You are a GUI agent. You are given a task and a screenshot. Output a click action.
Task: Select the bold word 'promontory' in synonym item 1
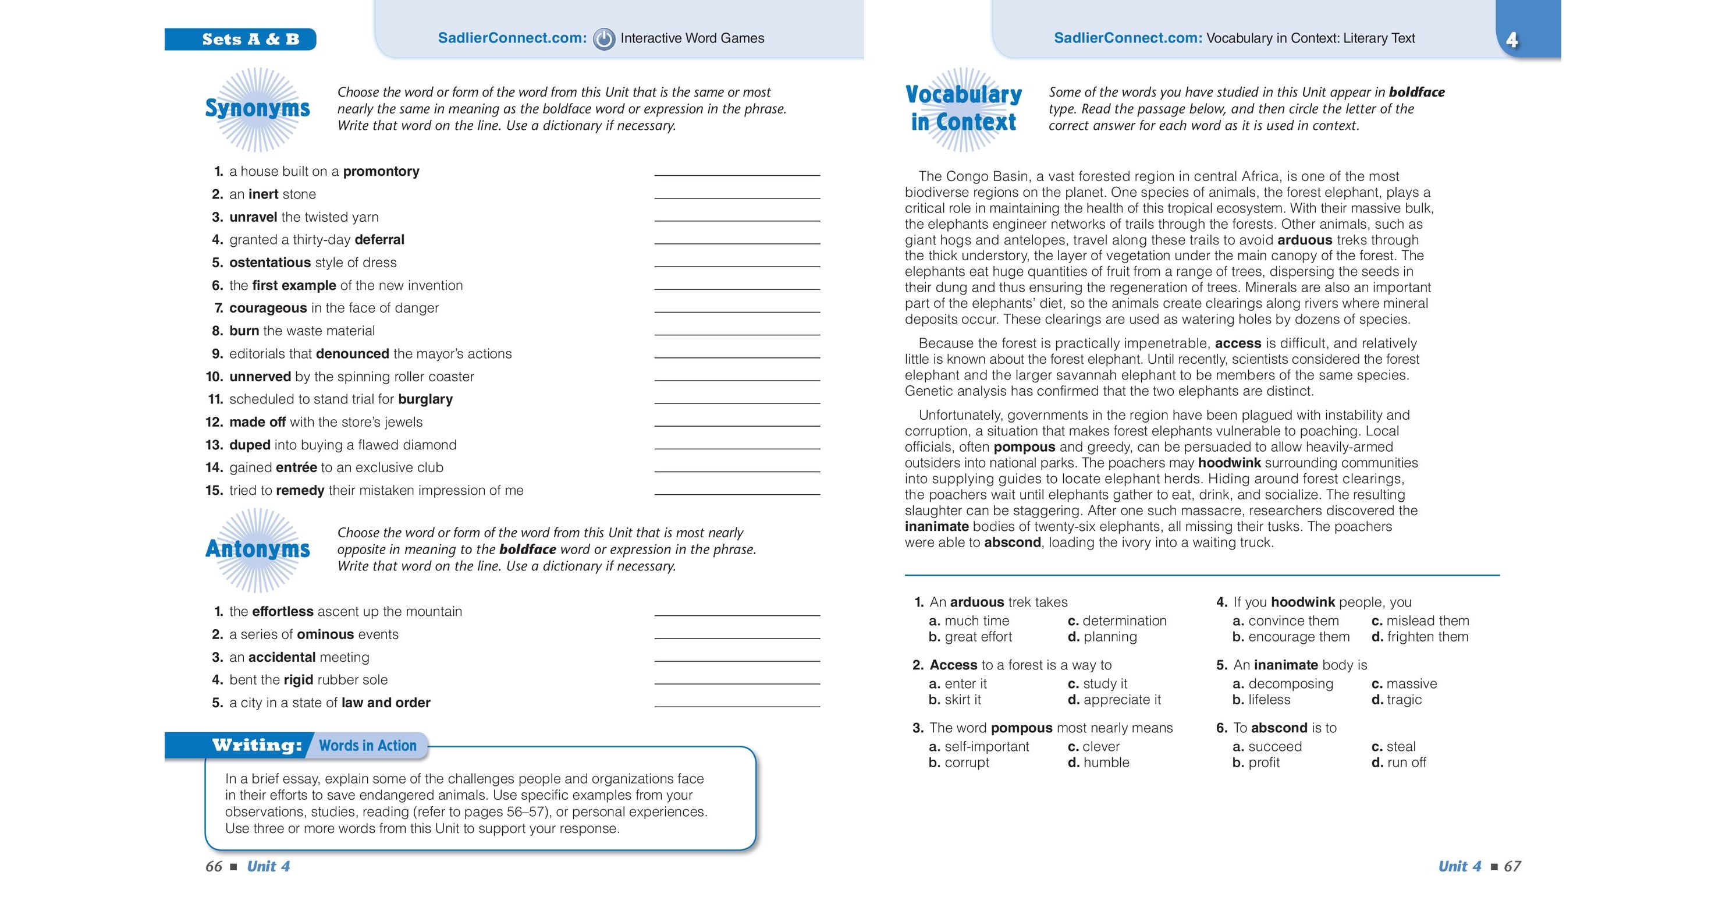(381, 172)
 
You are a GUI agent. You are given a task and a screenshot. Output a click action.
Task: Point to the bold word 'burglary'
(425, 399)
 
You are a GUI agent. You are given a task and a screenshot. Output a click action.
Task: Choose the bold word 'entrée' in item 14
(296, 468)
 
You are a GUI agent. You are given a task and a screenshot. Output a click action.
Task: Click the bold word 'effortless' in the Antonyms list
(282, 612)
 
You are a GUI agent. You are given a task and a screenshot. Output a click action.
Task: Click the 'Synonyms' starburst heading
(257, 108)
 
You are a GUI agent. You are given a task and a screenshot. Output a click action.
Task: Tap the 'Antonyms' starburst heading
(257, 550)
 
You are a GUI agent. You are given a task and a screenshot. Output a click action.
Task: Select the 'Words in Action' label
(367, 745)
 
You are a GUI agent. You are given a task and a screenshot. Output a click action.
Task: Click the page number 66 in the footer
(214, 867)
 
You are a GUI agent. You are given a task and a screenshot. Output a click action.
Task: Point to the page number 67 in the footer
(1512, 867)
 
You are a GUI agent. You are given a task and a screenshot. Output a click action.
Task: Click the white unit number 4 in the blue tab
(1512, 40)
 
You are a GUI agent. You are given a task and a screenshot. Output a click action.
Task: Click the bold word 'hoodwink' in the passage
(1229, 463)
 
